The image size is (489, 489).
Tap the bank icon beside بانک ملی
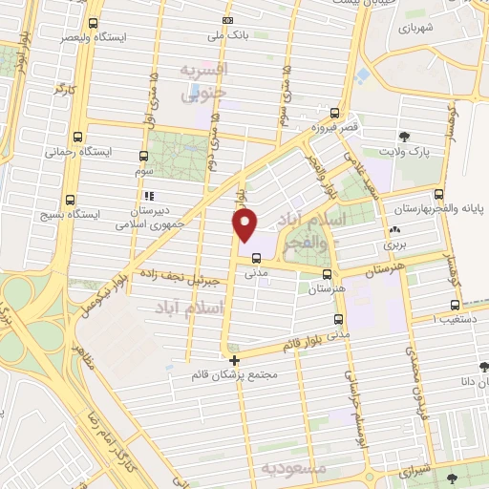pyautogui.click(x=227, y=20)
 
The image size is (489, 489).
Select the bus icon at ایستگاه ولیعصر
pyautogui.click(x=93, y=23)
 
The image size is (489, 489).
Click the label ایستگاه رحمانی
pyautogui.click(x=72, y=151)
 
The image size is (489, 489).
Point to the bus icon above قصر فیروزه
pyautogui.click(x=333, y=113)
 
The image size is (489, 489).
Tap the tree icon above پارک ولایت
pyautogui.click(x=406, y=136)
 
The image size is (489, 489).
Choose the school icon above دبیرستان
pyautogui.click(x=148, y=197)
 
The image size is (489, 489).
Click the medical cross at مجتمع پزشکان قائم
pyautogui.click(x=234, y=359)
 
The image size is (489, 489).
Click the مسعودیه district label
pyautogui.click(x=295, y=469)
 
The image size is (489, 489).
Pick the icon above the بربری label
pyautogui.click(x=394, y=230)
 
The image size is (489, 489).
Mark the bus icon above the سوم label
pyautogui.click(x=143, y=156)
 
